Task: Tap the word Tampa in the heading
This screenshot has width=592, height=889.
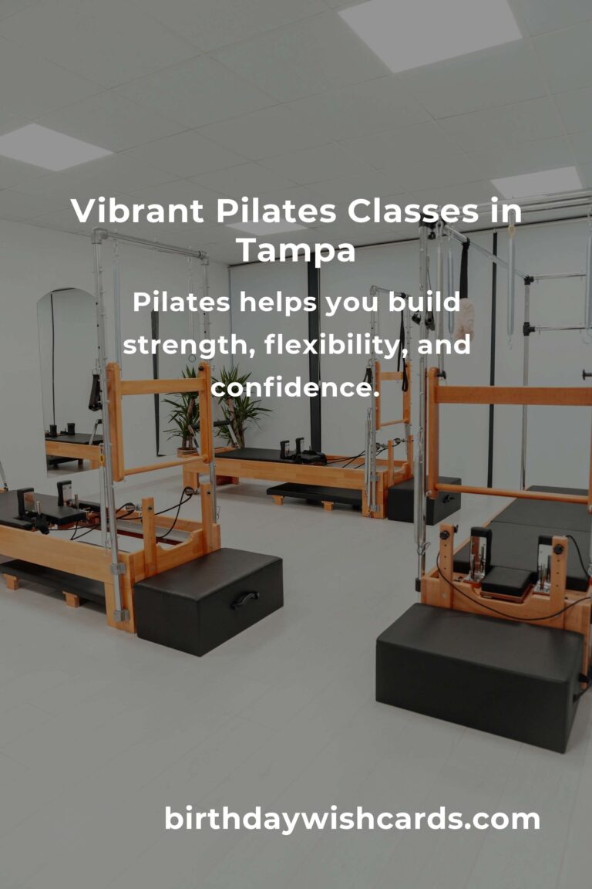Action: coord(296,249)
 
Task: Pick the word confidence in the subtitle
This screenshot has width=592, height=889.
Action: coord(296,387)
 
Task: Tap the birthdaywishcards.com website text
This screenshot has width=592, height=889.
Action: coord(352,819)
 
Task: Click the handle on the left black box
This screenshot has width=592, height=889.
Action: coord(245,599)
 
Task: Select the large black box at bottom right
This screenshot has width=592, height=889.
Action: coord(479,675)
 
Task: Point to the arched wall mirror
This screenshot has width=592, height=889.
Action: coord(68,378)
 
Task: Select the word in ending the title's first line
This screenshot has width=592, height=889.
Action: coord(506,211)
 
